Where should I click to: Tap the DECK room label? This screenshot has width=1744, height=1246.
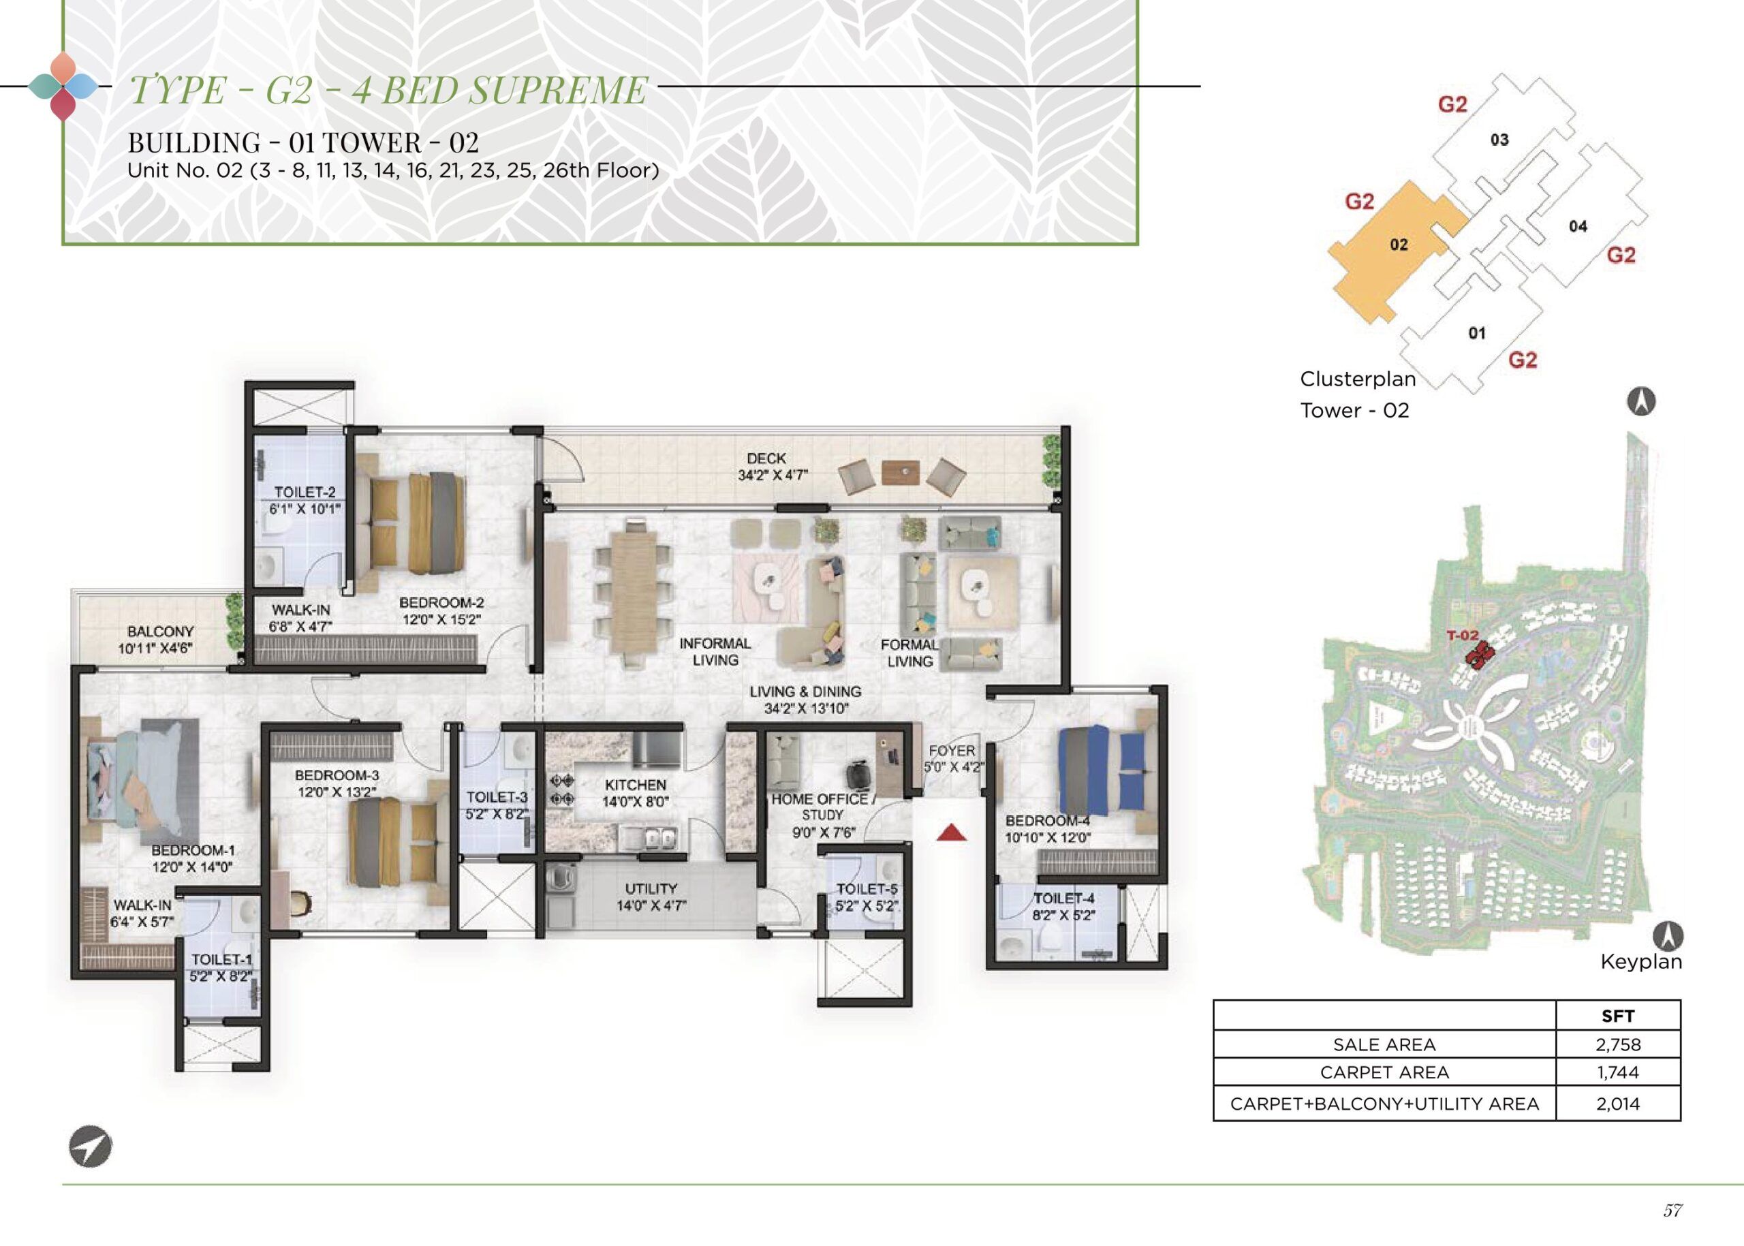click(765, 458)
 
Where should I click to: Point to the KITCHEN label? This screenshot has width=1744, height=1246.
click(636, 785)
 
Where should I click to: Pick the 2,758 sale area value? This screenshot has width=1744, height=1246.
click(1618, 1044)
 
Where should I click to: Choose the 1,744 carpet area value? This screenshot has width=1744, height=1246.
click(1618, 1072)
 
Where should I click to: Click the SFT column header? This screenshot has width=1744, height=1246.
click(1618, 1016)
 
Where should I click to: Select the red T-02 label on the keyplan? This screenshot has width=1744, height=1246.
click(1462, 636)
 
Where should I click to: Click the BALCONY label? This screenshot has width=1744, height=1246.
click(160, 632)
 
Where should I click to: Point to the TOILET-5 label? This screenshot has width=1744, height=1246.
click(867, 889)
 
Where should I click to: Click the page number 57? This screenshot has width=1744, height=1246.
click(1672, 1211)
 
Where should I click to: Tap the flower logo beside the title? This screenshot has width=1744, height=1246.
click(63, 87)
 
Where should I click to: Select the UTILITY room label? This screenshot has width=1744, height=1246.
click(651, 888)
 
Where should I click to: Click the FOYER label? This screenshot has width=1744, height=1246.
click(952, 750)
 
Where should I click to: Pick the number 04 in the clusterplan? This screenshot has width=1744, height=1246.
click(1578, 226)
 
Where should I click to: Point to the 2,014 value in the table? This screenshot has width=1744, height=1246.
click(1618, 1104)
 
